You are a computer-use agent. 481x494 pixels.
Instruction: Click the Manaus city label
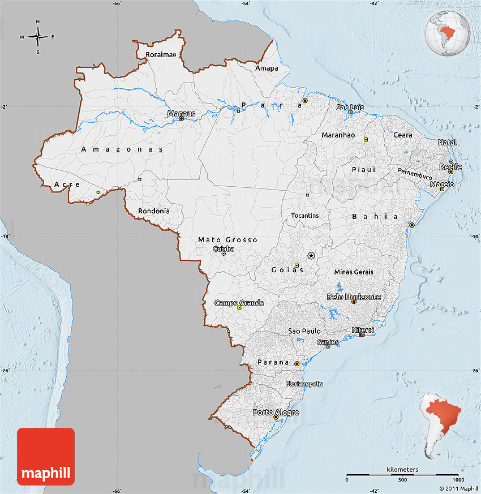[181, 113]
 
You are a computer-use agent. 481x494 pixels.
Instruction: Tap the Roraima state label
[159, 55]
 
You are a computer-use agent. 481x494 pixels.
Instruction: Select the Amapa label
[267, 68]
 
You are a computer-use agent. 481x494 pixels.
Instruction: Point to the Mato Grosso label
[227, 240]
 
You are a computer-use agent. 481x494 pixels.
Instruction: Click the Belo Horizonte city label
[354, 297]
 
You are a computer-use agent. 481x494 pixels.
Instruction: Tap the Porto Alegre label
[276, 412]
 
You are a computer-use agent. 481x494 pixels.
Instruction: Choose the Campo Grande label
[239, 303]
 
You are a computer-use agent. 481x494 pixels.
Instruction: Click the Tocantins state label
[305, 216]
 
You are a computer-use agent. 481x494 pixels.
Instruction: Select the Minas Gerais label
[354, 272]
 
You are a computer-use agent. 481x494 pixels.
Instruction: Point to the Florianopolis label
[304, 383]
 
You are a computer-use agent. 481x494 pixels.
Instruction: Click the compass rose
[38, 37]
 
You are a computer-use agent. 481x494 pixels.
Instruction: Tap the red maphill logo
[46, 456]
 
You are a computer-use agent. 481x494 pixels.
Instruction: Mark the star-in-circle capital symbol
[311, 256]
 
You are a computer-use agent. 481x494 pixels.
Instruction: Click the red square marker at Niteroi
[362, 335]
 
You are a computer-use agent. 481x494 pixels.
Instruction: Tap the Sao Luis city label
[350, 107]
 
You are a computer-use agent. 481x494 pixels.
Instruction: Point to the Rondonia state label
[153, 211]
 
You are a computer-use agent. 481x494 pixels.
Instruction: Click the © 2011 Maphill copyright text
[458, 488]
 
